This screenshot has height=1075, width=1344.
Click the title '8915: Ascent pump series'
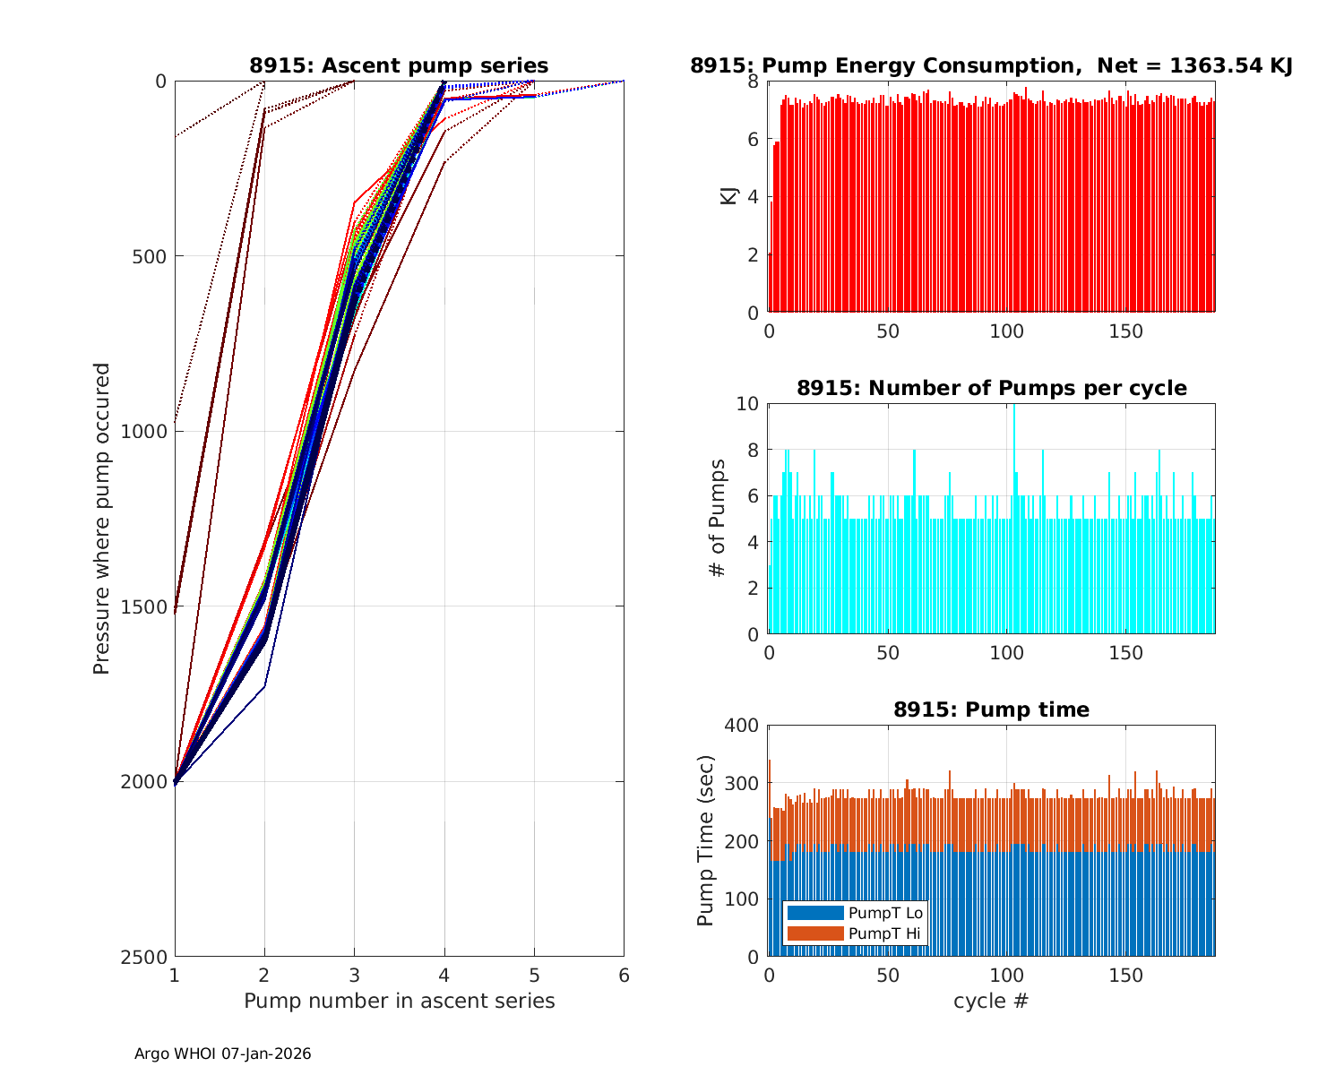(399, 65)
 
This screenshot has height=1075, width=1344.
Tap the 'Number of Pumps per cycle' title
(991, 388)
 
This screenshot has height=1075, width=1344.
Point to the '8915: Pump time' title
(991, 709)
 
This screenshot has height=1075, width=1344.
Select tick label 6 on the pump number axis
(624, 976)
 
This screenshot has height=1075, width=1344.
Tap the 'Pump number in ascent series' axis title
(399, 1001)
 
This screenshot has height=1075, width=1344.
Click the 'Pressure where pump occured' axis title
(102, 519)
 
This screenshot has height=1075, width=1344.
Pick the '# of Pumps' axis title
(717, 519)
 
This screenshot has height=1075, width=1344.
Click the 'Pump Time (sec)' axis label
(705, 841)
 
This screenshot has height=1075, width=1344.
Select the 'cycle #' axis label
(991, 1001)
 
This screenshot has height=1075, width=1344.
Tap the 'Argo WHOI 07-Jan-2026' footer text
(223, 1054)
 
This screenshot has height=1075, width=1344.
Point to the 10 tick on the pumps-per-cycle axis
(747, 404)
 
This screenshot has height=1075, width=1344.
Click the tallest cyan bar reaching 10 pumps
(1013, 520)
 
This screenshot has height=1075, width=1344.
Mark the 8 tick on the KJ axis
(754, 82)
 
